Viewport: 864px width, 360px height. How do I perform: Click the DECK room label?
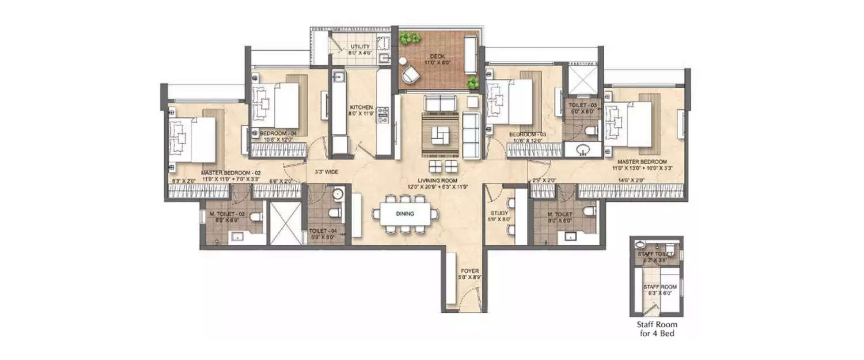(x=436, y=56)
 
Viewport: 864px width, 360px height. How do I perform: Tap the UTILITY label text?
(x=360, y=47)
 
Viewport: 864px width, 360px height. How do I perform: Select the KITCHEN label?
(x=362, y=107)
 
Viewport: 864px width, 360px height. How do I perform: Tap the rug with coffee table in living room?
(x=441, y=134)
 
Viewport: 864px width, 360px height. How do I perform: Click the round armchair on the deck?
(x=411, y=74)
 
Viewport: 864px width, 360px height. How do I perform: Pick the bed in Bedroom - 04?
(x=279, y=104)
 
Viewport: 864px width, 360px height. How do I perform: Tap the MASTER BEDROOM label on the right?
(x=642, y=162)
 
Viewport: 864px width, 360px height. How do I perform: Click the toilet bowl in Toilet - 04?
(x=334, y=214)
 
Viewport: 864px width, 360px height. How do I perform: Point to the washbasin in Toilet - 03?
(x=582, y=151)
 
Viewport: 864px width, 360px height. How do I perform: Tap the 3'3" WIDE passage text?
(x=327, y=172)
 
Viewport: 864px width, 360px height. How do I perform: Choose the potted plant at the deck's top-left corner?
(x=410, y=39)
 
